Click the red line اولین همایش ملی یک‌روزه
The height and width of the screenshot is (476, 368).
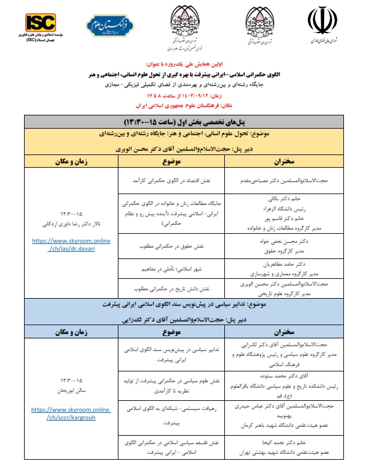click(183, 62)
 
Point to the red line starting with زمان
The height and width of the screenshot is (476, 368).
click(183, 95)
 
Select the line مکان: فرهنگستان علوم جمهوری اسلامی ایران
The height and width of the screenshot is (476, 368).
click(183, 103)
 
